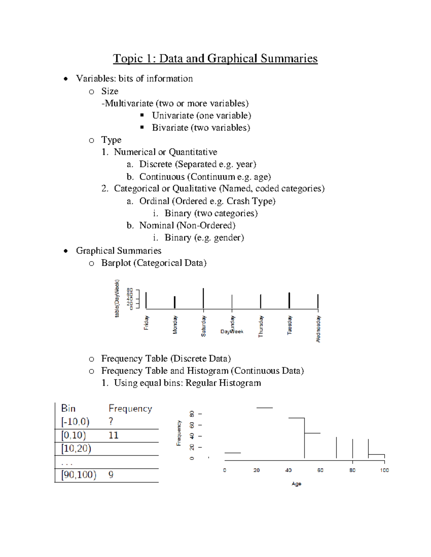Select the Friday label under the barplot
(x=146, y=323)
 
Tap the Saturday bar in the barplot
(x=203, y=298)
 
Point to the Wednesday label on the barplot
(x=318, y=329)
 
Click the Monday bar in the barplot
(x=175, y=302)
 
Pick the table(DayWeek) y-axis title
(x=117, y=298)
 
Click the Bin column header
(x=68, y=409)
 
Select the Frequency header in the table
(x=130, y=409)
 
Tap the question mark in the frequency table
(x=111, y=421)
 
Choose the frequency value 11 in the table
(x=113, y=435)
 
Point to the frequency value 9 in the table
(x=111, y=475)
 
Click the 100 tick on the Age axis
(x=384, y=470)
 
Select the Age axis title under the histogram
(x=296, y=484)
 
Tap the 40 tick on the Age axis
(x=288, y=470)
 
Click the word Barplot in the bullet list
(x=116, y=263)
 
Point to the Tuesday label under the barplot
(x=289, y=325)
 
